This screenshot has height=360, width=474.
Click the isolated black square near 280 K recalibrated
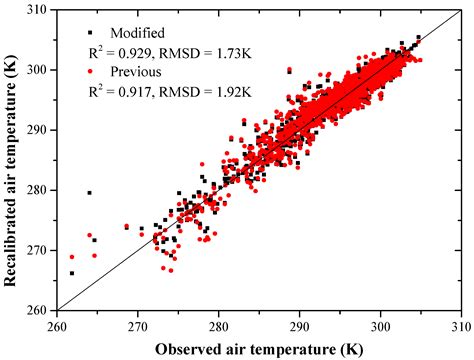90,193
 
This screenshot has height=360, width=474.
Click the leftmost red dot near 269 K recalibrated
72,257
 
